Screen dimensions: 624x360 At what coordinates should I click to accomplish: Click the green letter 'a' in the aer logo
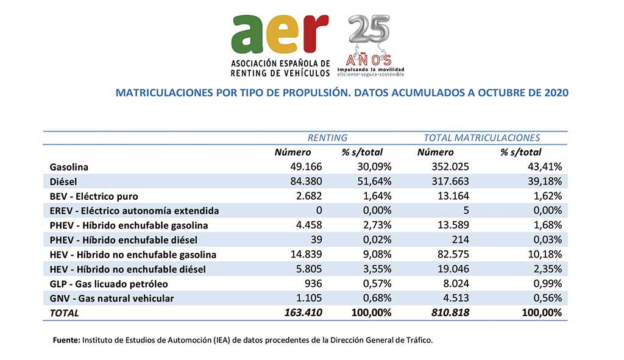click(247, 35)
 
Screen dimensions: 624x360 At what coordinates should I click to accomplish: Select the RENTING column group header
click(327, 138)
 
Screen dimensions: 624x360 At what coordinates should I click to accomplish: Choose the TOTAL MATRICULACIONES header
click(481, 138)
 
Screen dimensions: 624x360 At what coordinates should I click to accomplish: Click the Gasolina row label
click(69, 167)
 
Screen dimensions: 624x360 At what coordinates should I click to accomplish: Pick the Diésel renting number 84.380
click(306, 182)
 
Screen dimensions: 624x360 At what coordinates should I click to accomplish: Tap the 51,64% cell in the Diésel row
click(374, 182)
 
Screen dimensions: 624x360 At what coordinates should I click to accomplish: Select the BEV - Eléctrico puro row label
click(94, 197)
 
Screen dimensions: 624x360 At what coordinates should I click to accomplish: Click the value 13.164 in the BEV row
click(453, 196)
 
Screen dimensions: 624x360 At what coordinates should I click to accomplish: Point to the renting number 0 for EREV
click(319, 210)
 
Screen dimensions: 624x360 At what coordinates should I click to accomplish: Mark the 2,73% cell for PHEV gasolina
click(377, 225)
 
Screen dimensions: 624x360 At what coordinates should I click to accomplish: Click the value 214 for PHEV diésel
click(461, 240)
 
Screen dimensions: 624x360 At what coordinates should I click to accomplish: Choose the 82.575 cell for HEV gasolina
click(453, 254)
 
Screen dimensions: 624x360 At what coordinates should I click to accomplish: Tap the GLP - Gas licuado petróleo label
click(108, 284)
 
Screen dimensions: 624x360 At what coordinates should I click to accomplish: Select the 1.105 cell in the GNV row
click(309, 298)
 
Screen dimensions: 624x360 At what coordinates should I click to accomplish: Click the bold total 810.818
click(450, 312)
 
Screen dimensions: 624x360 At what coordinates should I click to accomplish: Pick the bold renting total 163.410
click(303, 312)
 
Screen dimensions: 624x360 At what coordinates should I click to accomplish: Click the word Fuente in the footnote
click(66, 341)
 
